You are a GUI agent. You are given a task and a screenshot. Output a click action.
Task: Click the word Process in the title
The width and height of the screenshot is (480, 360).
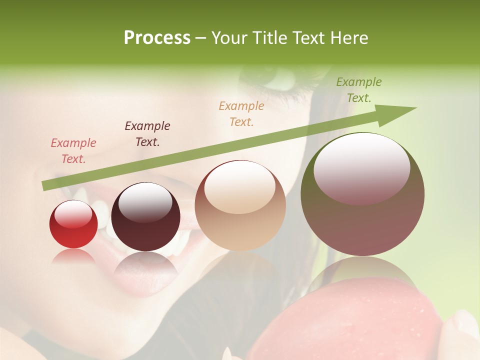[x=157, y=37]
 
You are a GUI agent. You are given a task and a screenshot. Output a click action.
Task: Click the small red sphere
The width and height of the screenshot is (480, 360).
[x=73, y=224]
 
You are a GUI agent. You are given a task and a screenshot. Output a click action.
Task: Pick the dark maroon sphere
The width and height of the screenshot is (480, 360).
[x=145, y=216]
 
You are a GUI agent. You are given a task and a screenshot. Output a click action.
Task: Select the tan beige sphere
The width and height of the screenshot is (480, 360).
[x=240, y=205]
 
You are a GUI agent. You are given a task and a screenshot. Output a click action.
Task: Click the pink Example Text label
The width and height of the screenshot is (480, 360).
[x=73, y=151]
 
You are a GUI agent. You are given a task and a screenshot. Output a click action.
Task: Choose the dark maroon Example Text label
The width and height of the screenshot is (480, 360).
[x=147, y=134]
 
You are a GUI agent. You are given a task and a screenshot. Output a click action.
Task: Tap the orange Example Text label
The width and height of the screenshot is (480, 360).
[x=241, y=113]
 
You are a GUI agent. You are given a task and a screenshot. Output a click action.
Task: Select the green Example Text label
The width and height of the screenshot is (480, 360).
[x=359, y=90]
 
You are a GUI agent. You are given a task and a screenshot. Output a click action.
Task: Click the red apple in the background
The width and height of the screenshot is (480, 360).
[x=345, y=325]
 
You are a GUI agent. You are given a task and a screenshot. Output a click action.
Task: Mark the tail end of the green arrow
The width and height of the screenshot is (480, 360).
[x=44, y=186]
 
